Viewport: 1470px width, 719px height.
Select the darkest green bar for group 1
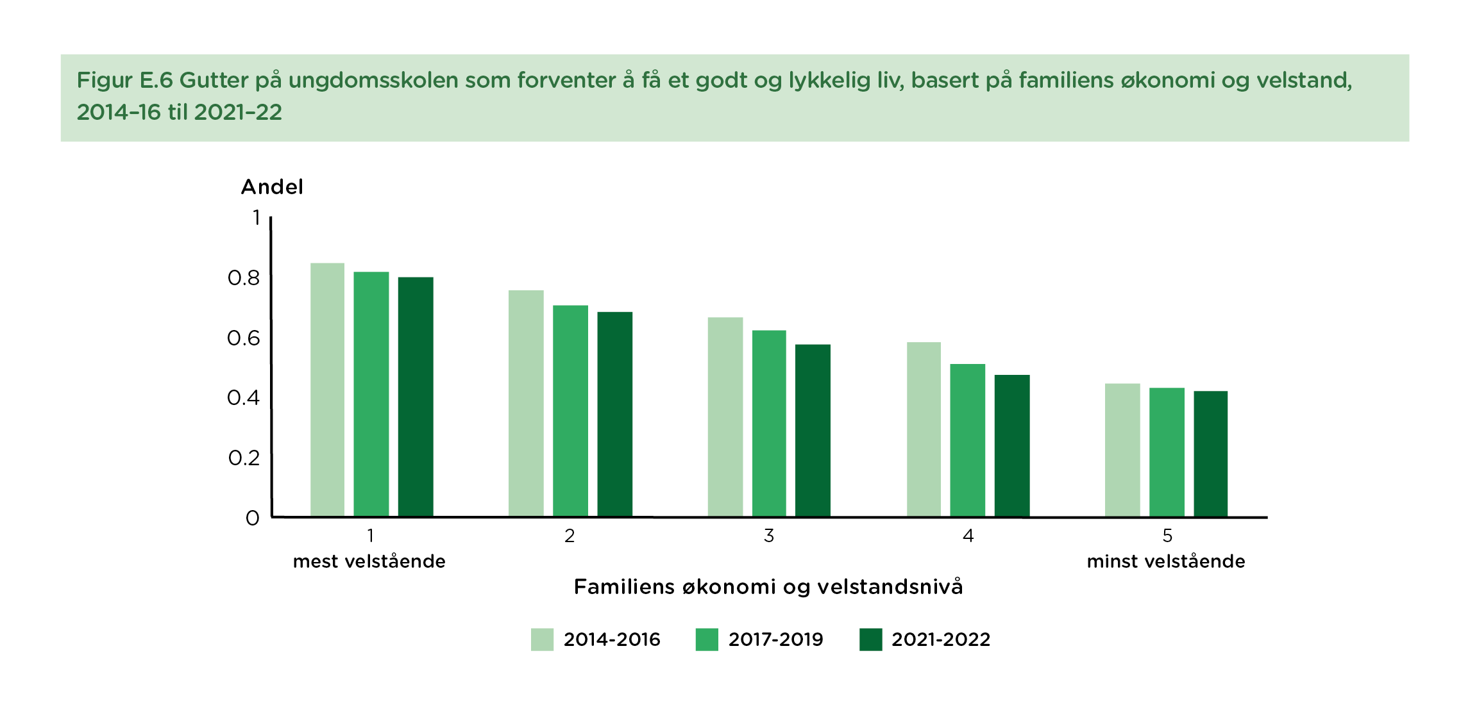click(416, 397)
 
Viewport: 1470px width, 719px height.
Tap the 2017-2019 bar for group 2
click(570, 411)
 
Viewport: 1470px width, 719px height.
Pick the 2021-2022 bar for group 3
click(813, 430)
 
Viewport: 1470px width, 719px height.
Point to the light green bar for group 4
click(924, 429)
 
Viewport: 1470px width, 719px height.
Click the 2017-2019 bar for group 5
click(1167, 452)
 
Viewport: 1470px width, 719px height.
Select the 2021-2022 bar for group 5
click(1210, 454)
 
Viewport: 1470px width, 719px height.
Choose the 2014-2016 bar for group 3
click(725, 417)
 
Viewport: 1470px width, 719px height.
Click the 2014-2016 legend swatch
click(542, 640)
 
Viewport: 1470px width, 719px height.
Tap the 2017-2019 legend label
click(775, 640)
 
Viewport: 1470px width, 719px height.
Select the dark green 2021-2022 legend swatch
click(870, 640)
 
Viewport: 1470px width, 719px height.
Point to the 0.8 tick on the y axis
click(244, 278)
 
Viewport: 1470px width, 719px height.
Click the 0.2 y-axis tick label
click(244, 458)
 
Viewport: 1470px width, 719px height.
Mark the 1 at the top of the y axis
click(256, 218)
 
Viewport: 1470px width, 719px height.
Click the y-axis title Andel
click(272, 187)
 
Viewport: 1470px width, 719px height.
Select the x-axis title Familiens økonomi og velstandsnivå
click(768, 587)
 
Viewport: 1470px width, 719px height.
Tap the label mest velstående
click(369, 561)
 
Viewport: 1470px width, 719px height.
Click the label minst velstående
click(1165, 561)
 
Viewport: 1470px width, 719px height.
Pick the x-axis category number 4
click(968, 536)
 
